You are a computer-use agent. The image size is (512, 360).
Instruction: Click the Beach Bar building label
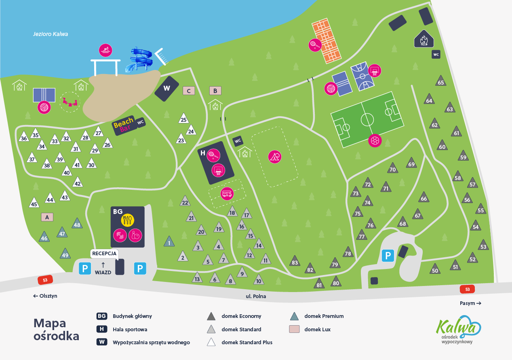(x=124, y=125)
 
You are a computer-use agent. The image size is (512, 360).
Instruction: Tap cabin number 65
(x=440, y=82)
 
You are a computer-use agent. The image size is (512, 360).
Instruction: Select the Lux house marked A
(x=47, y=217)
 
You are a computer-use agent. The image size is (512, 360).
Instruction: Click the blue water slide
(x=139, y=60)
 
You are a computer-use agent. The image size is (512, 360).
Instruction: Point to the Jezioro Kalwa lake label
(x=51, y=34)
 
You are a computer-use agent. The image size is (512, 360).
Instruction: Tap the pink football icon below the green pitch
(x=375, y=140)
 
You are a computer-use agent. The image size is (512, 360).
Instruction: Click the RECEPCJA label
(x=104, y=254)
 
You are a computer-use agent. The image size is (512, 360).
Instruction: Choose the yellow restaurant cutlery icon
(x=128, y=220)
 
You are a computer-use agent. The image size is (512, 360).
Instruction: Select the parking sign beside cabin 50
(x=388, y=256)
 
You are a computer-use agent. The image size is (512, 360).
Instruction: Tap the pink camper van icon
(x=227, y=194)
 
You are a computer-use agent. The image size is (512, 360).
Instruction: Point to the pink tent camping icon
(x=275, y=157)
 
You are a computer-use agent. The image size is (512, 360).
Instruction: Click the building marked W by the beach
(x=167, y=88)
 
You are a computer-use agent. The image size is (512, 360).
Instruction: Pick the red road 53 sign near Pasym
(x=468, y=289)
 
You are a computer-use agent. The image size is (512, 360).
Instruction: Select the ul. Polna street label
(x=256, y=296)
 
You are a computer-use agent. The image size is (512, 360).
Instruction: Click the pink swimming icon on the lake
(x=105, y=50)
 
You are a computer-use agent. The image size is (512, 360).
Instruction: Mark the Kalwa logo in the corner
(x=458, y=330)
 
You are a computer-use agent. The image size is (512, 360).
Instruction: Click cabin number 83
(x=295, y=262)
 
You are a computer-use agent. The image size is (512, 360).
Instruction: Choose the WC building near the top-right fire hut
(x=436, y=54)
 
